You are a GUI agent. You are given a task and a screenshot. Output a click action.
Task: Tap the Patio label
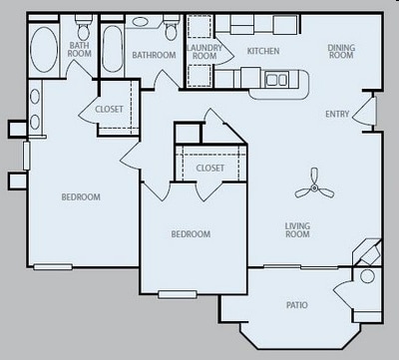coord(297,304)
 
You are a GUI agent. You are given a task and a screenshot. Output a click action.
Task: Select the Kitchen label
coord(263,51)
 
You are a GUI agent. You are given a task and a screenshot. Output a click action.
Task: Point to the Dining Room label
coord(341,52)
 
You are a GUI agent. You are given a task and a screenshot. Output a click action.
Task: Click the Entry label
coord(337,114)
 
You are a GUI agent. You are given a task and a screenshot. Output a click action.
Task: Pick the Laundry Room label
coord(204,52)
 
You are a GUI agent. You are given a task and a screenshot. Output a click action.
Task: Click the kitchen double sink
coord(276,79)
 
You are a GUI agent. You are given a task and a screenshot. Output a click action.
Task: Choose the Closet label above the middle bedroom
coord(209,169)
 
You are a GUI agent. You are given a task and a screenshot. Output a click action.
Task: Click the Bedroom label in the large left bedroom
coord(81,197)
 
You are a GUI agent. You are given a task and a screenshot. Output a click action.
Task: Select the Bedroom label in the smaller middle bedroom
coord(190,234)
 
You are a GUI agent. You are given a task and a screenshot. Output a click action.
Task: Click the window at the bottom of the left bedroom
coord(53,266)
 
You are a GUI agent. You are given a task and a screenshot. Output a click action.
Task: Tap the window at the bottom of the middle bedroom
coord(178,292)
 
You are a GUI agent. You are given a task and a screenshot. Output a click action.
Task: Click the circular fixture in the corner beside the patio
coord(366,276)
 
